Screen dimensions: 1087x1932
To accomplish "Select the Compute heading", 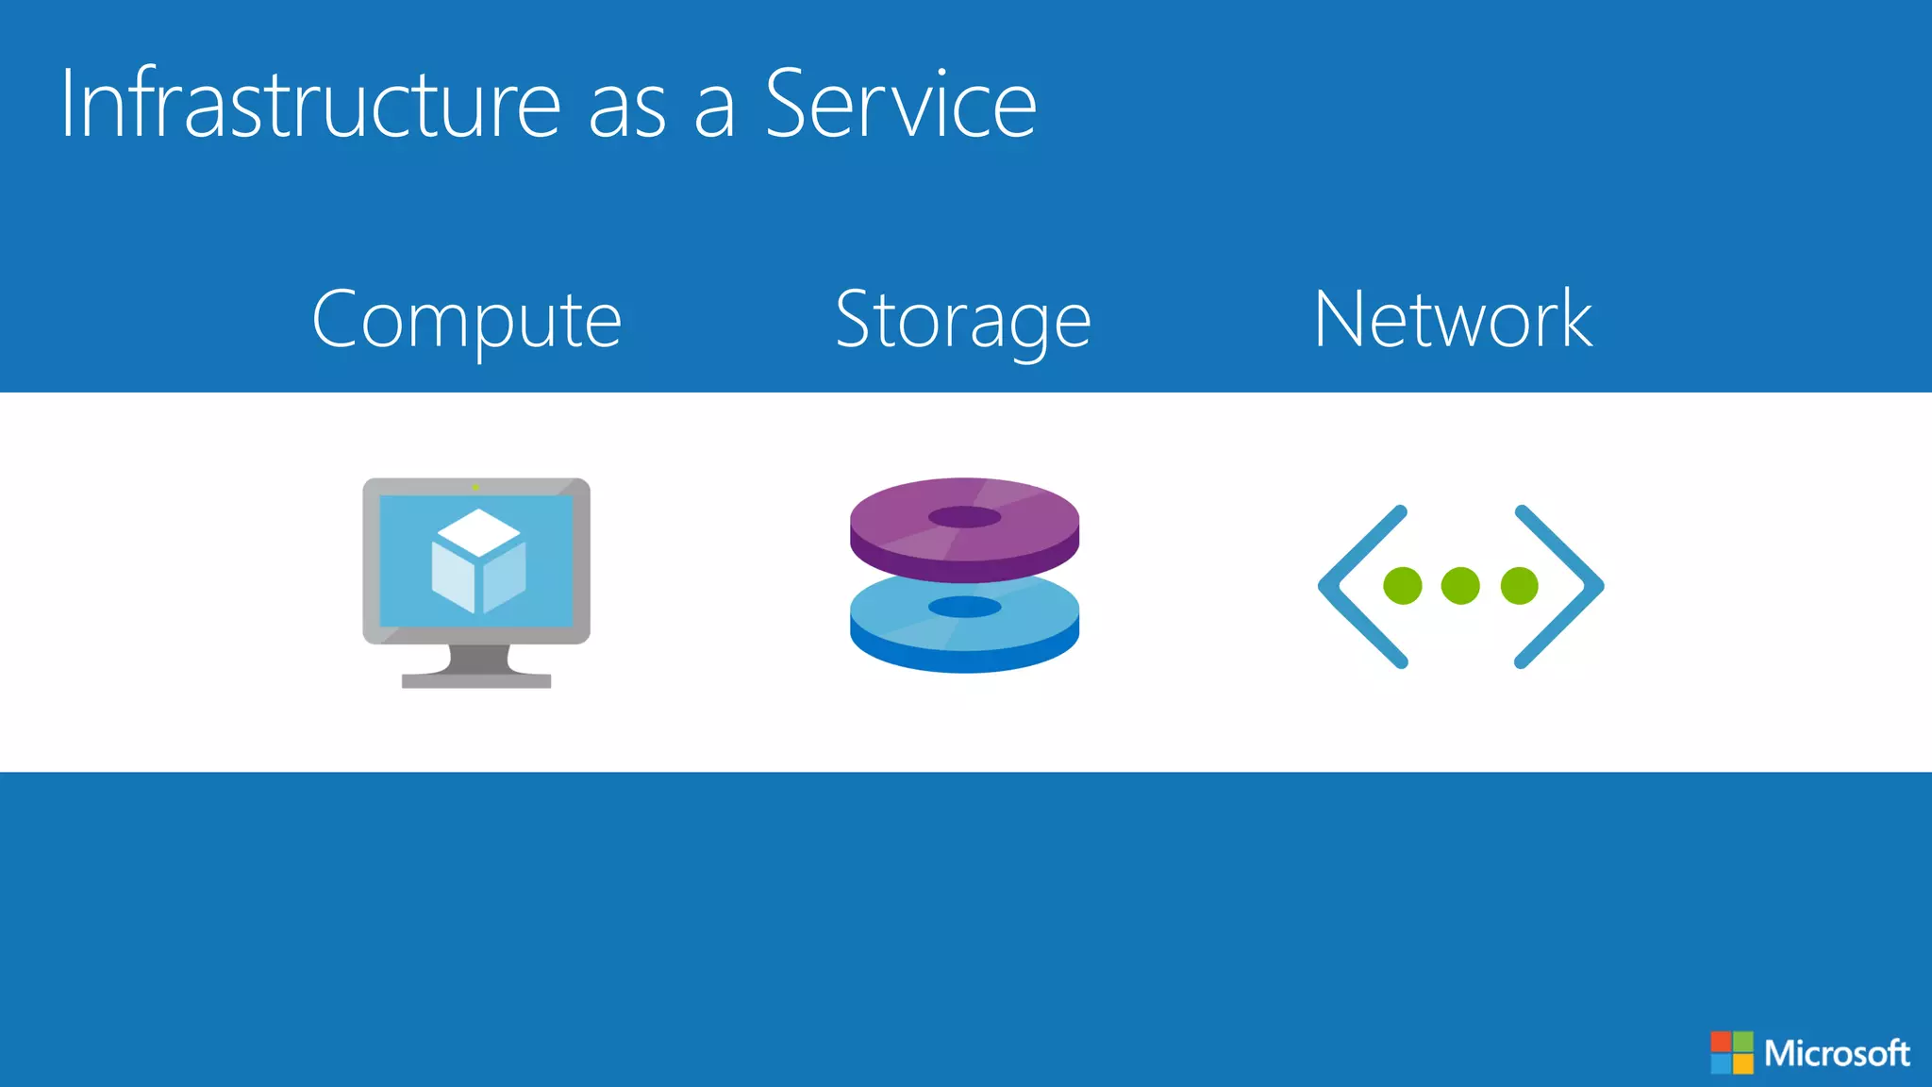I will (x=467, y=321).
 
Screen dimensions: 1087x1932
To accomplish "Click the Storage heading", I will (x=963, y=321).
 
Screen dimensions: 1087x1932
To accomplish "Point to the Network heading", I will (x=1453, y=321).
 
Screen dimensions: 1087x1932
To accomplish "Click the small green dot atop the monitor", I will (x=475, y=488).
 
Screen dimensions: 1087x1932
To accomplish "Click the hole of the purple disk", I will (x=964, y=517).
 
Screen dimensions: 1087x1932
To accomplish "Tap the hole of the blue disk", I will (x=964, y=607).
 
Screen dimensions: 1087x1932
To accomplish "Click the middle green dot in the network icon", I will (x=1460, y=586).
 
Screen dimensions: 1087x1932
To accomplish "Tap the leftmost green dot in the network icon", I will (x=1403, y=586).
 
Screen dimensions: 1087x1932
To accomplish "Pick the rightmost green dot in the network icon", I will (x=1519, y=586).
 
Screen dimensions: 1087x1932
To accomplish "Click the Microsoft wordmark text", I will (x=1837, y=1053).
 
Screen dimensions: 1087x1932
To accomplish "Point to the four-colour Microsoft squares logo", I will (x=1732, y=1052).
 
